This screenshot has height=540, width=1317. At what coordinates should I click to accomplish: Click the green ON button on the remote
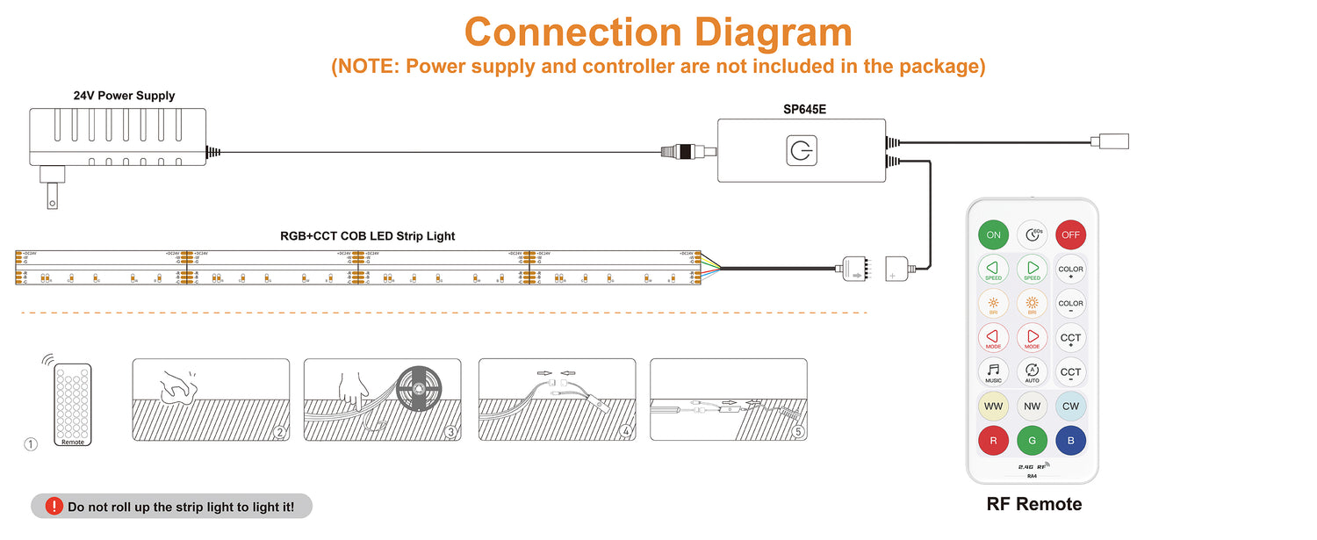(993, 234)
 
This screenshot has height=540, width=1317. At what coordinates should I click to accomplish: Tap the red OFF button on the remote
(1070, 234)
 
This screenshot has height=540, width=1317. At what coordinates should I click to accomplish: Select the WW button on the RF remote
(993, 407)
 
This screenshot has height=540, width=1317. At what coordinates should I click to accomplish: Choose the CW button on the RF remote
(1070, 407)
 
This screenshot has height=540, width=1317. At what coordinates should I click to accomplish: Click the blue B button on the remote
(1070, 441)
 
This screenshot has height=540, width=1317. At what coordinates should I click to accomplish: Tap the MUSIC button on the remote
(993, 371)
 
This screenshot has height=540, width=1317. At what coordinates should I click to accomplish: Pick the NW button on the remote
(1032, 407)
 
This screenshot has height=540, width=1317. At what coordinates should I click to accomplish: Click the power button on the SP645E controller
(801, 151)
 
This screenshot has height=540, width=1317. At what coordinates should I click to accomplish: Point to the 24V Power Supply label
(124, 96)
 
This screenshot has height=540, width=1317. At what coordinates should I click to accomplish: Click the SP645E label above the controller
(805, 110)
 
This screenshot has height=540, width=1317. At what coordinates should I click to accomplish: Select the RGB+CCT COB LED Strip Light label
(367, 236)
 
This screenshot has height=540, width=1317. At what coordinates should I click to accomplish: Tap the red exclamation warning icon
(54, 506)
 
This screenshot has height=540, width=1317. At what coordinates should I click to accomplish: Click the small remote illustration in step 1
(73, 404)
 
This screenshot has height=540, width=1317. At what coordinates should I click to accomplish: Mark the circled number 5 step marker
(797, 431)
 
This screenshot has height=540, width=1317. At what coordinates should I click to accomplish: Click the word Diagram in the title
(773, 32)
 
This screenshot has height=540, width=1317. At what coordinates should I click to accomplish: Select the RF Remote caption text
(1033, 504)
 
